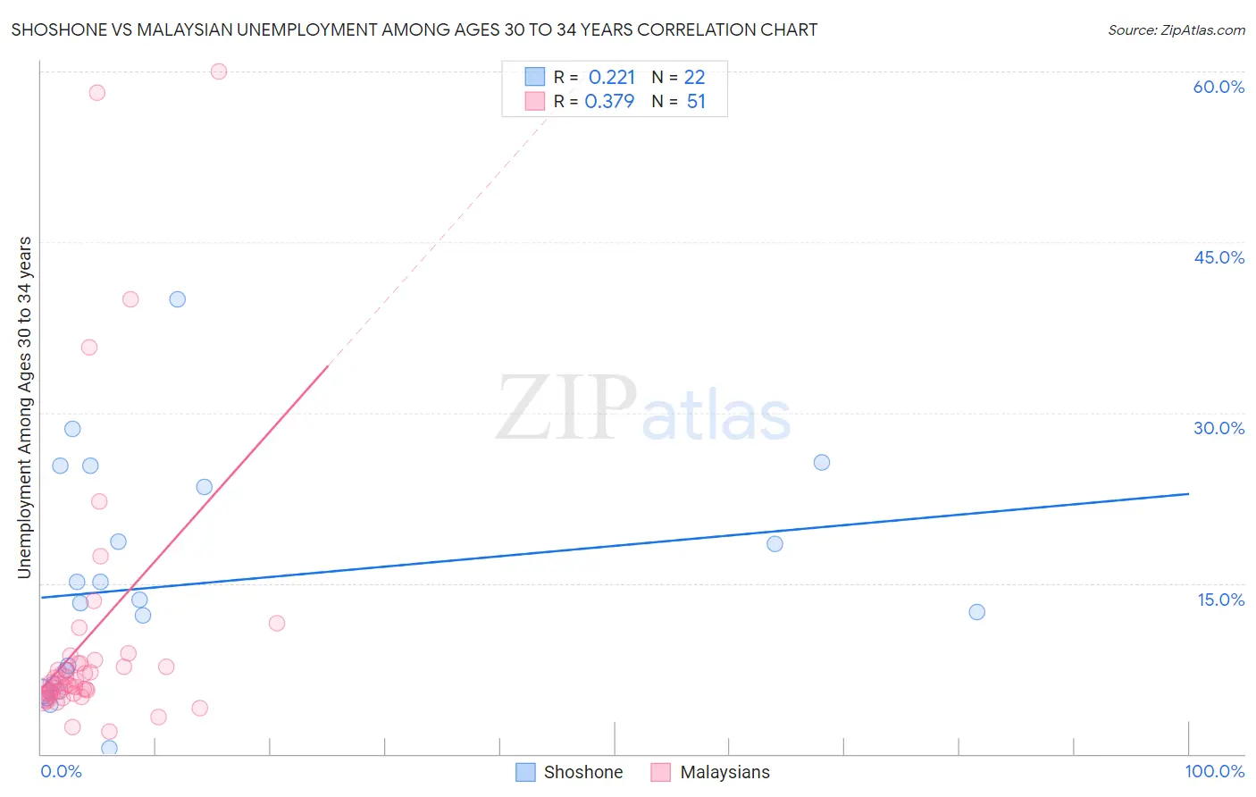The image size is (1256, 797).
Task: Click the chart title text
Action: coord(414,30)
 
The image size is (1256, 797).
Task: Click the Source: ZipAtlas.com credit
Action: coord(1176,30)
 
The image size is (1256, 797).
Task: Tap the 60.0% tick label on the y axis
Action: coord(1218,87)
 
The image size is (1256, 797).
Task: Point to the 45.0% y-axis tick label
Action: coord(1218,257)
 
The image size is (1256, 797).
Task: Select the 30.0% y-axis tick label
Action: coord(1218,428)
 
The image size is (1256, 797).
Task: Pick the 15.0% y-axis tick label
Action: coord(1220,600)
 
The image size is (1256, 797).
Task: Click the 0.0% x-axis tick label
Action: coord(61,771)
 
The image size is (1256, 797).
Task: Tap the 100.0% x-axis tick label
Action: coord(1214,771)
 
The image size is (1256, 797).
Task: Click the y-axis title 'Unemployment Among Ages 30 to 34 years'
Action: coord(25,407)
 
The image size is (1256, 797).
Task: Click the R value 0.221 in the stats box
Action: coord(611,78)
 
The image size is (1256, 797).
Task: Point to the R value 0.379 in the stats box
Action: coord(609,102)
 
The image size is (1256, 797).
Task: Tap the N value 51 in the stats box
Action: coord(696,102)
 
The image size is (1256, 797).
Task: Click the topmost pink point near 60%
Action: coord(219,71)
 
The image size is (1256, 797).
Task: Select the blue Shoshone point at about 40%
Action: coord(178,299)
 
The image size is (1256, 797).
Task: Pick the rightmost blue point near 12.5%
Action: coord(976,612)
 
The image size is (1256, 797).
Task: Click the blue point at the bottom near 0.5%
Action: coord(109,748)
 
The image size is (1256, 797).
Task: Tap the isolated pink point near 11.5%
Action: coord(277,623)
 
